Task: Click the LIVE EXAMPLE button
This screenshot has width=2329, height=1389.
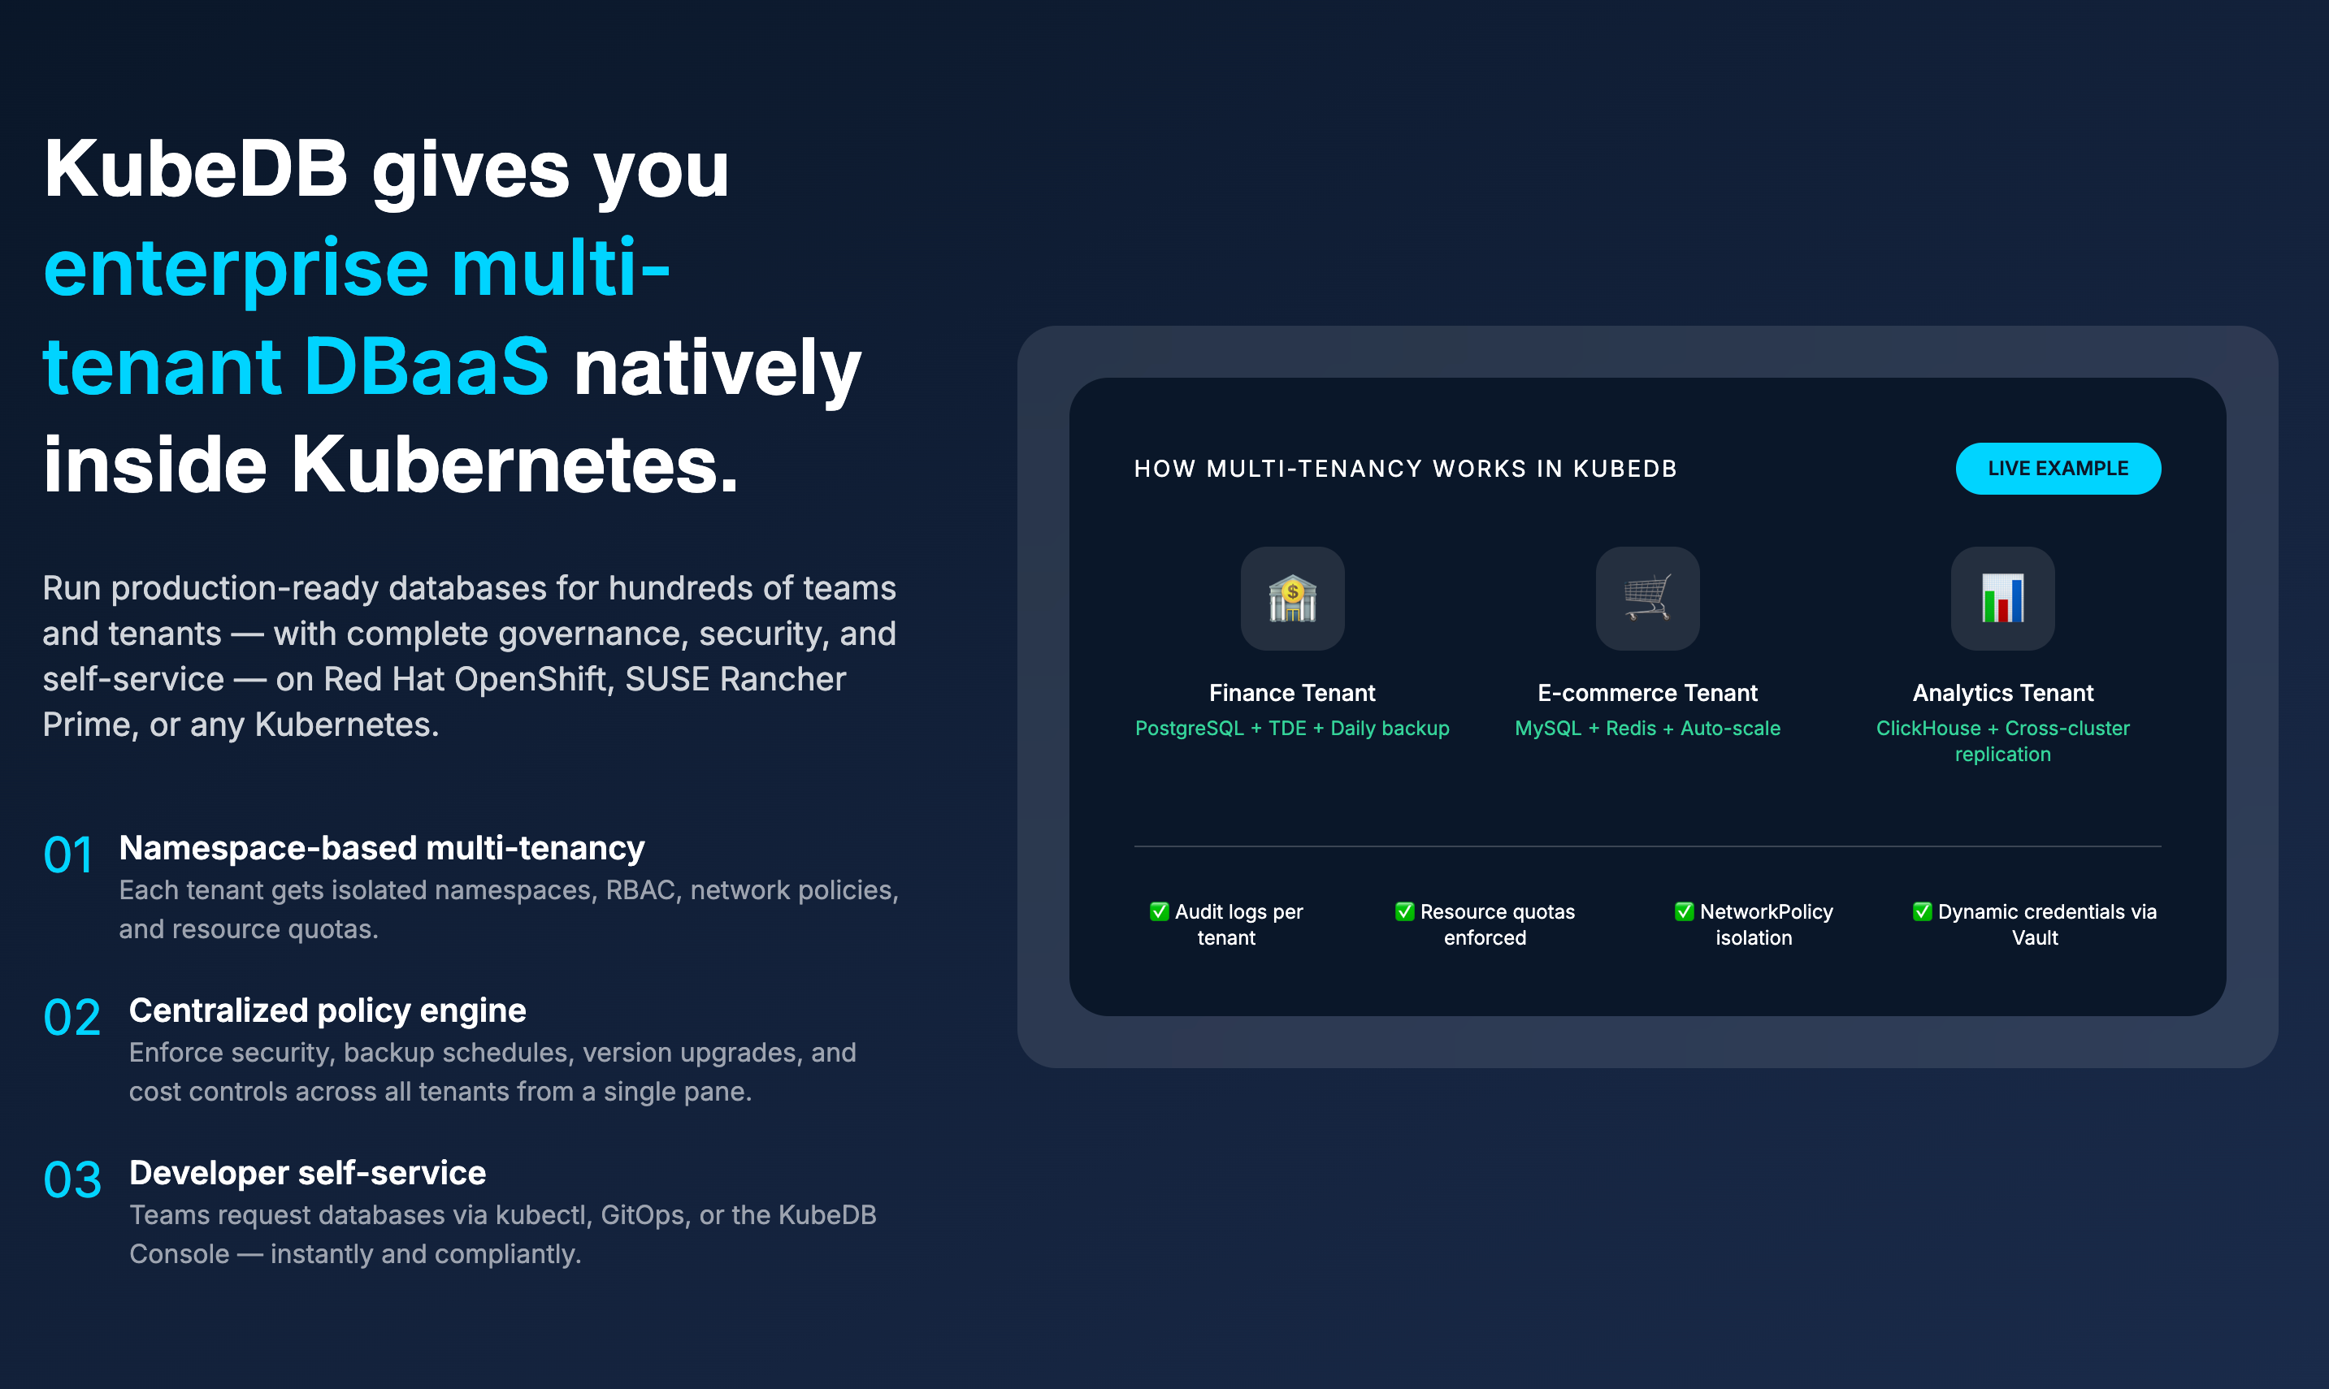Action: [2058, 468]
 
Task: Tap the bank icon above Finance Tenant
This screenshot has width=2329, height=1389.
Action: [1292, 598]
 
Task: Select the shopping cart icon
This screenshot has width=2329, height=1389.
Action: [1647, 598]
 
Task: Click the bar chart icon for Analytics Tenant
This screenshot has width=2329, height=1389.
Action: [2002, 598]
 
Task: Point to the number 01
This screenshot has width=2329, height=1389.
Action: [68, 855]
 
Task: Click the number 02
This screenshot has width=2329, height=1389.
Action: [72, 1018]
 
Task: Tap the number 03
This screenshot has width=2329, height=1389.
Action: [72, 1179]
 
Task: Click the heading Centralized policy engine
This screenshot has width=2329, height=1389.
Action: [327, 1010]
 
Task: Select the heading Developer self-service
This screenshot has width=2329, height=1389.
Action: [307, 1173]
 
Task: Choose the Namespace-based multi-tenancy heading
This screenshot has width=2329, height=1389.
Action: [382, 848]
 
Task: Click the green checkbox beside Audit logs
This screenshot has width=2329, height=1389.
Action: [1159, 911]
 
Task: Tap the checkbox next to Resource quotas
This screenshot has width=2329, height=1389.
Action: [1404, 911]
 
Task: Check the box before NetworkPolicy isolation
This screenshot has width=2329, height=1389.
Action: [1684, 911]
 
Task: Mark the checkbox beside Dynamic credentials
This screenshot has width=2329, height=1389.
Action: [1922, 911]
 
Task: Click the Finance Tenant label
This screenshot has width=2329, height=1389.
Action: [1292, 693]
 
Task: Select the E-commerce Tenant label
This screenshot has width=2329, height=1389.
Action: [1647, 693]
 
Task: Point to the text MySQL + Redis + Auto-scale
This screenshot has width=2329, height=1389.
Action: [1647, 728]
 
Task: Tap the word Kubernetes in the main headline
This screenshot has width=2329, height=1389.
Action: [514, 465]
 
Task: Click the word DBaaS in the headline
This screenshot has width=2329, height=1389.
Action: [426, 366]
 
